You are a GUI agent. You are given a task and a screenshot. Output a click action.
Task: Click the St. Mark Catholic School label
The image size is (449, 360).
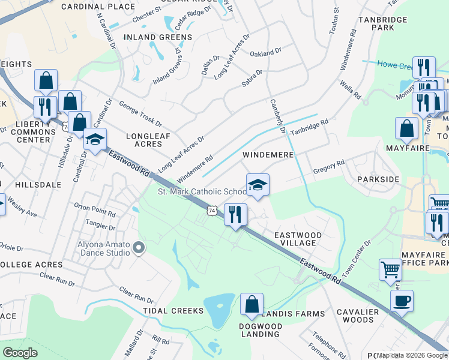point(202,191)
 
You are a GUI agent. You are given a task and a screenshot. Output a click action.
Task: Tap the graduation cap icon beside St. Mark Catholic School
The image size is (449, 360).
point(258,184)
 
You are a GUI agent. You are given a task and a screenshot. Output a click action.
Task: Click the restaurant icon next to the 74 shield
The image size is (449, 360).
point(235,214)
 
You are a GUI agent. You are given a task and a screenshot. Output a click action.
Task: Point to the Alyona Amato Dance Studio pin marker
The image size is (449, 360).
point(139,247)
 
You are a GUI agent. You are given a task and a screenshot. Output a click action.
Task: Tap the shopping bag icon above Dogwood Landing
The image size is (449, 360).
point(252,304)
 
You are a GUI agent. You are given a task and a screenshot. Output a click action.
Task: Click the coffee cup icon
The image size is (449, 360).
point(402,300)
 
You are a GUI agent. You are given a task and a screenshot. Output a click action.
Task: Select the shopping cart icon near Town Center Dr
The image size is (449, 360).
point(391,270)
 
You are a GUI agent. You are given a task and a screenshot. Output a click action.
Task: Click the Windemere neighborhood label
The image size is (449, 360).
point(268,155)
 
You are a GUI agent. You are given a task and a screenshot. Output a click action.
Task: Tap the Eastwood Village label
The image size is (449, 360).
point(298,239)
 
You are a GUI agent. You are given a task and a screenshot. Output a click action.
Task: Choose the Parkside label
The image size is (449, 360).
point(378,179)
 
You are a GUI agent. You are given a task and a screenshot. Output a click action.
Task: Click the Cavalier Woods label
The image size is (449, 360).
point(358,316)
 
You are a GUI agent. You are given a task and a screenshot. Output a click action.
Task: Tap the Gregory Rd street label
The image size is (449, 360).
point(328,166)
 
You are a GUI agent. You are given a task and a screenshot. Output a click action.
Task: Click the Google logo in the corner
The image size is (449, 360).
point(20,353)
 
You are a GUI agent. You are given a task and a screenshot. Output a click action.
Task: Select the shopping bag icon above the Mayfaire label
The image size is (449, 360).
point(406,128)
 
